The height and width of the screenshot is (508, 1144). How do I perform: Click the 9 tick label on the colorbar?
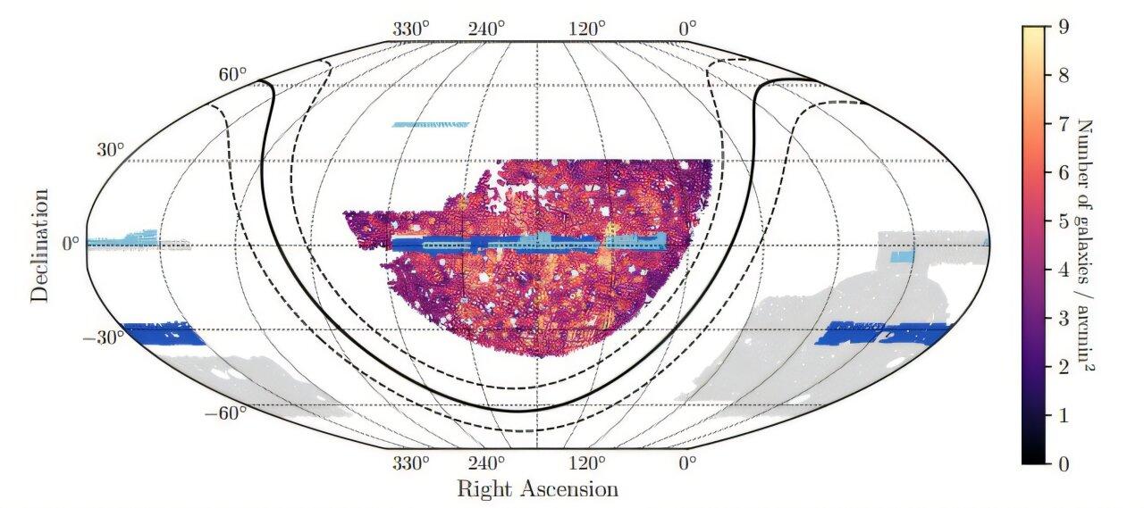tap(1063, 27)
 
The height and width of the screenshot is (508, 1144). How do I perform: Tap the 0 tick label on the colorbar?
tap(1063, 463)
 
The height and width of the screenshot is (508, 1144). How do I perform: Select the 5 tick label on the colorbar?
tap(1063, 221)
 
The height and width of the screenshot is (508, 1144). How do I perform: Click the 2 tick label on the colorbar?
tap(1063, 366)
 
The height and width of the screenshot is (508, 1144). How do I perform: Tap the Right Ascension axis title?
tap(537, 489)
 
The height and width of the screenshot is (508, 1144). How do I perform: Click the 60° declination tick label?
tap(231, 74)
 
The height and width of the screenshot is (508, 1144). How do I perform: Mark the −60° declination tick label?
tap(225, 413)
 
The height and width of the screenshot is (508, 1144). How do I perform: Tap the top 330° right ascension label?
tap(411, 28)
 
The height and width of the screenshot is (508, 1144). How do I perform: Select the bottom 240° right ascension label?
tap(487, 463)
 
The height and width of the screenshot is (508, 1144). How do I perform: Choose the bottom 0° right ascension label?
tap(686, 463)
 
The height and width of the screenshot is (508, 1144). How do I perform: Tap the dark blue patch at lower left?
tap(163, 334)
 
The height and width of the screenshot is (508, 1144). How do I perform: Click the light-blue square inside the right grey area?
tap(903, 257)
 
